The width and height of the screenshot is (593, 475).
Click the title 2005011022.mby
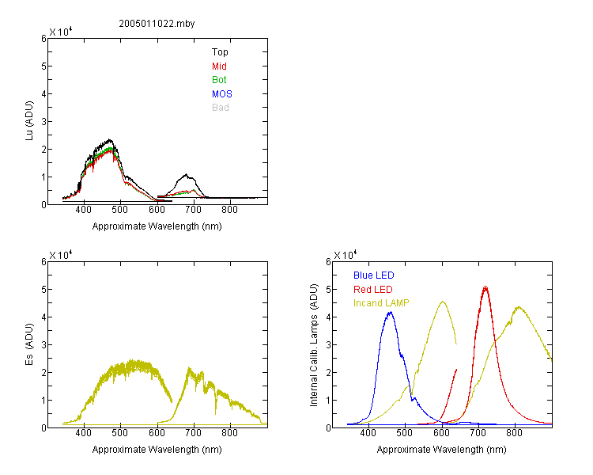coord(157,24)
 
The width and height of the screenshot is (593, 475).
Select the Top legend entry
coord(220,52)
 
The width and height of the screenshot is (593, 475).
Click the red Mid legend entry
coord(219,66)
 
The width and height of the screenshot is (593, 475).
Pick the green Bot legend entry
coord(219,80)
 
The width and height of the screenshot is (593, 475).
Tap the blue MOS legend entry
coord(222,94)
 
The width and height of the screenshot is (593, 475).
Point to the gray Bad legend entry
coord(221,108)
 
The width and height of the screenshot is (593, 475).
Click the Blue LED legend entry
coord(374,275)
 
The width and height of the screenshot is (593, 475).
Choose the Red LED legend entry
coord(373,290)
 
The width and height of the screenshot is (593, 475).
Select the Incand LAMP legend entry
coord(381,303)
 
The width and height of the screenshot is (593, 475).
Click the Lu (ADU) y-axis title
coord(29,121)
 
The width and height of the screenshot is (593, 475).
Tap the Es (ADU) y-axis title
coord(29,344)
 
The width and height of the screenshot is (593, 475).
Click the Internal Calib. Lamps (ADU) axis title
coord(314,345)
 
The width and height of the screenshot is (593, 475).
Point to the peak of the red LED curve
coord(485,287)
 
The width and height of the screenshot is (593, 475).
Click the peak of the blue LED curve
coord(391,312)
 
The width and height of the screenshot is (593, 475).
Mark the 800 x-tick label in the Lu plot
coord(229,211)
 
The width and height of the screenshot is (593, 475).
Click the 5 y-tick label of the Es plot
coord(43,290)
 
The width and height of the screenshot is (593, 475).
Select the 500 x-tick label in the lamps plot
coord(405,433)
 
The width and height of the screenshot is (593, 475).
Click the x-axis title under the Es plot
coord(157,450)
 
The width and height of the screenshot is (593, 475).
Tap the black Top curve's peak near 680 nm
coord(186,174)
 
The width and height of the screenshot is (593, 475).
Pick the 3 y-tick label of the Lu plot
coord(43,122)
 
